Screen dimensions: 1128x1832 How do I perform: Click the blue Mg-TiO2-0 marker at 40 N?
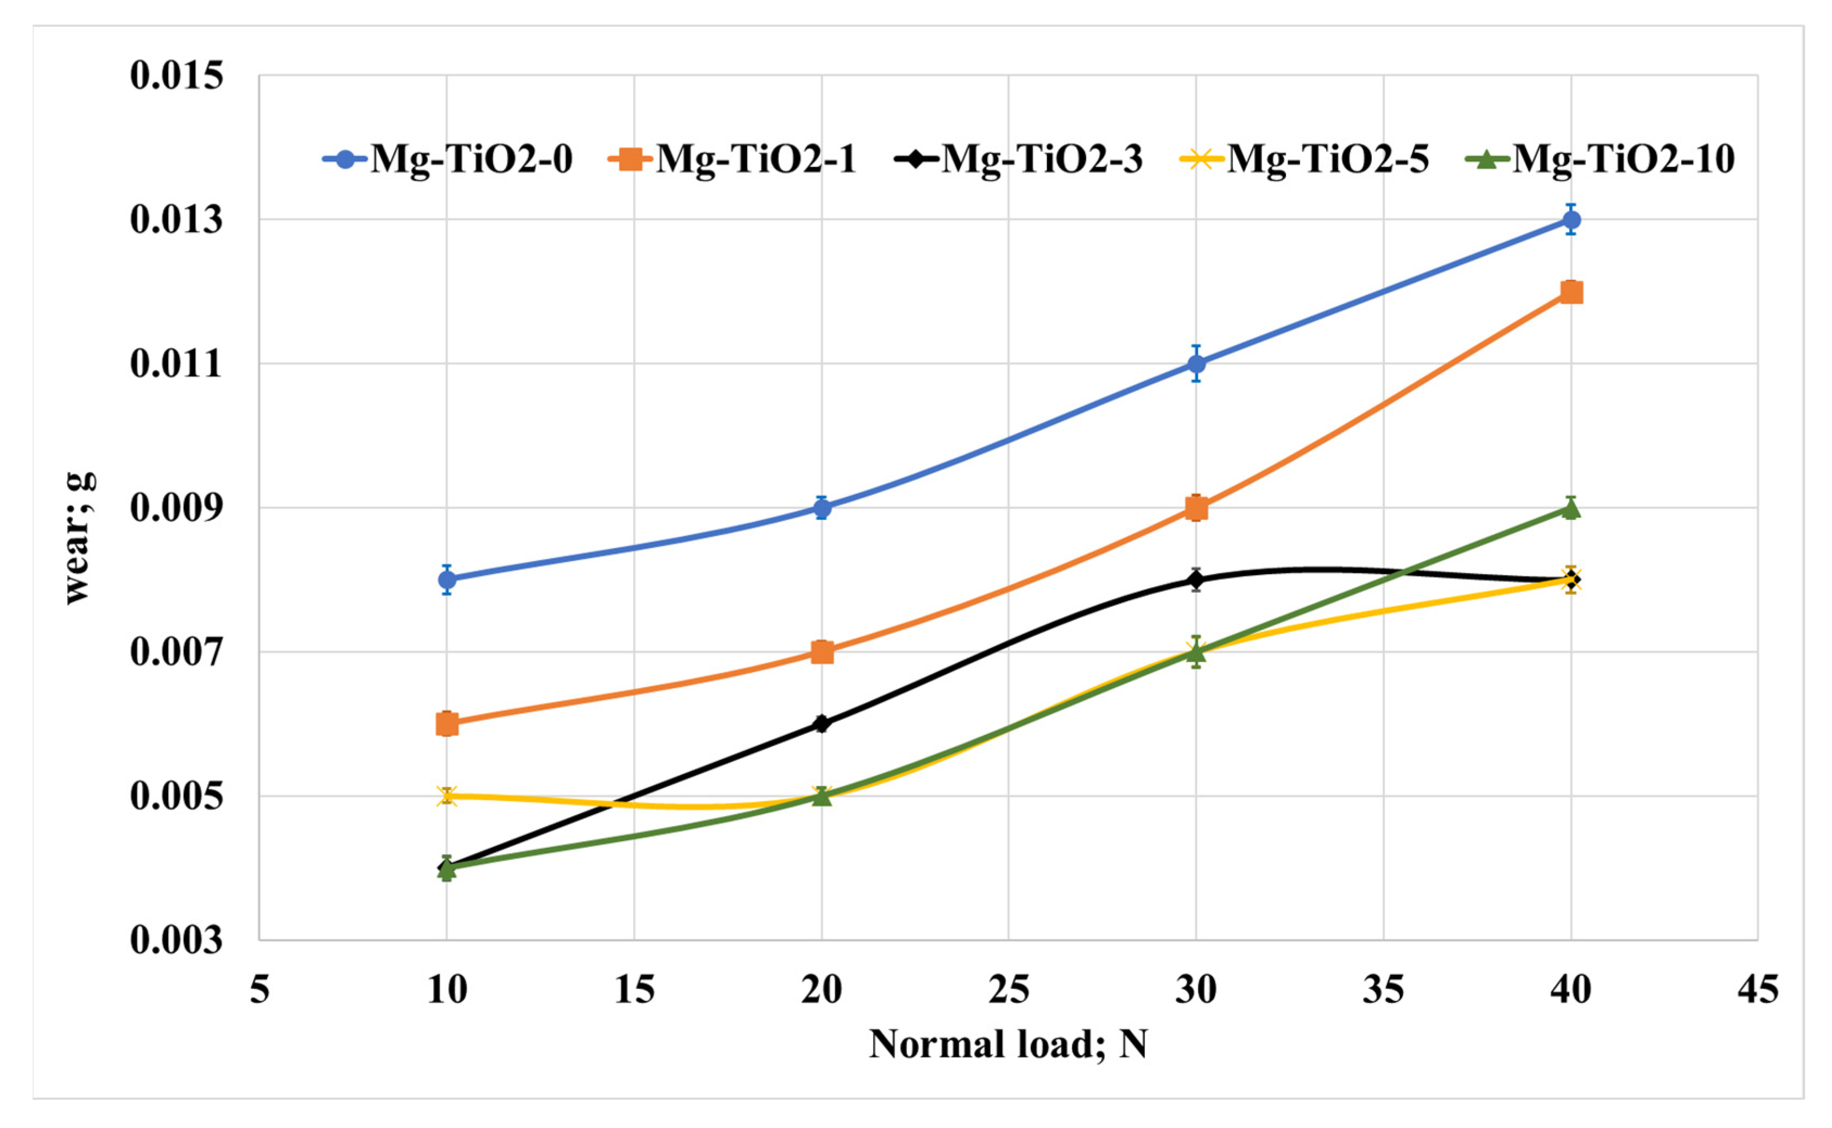coord(1571,219)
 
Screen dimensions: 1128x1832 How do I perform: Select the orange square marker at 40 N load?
coord(1571,291)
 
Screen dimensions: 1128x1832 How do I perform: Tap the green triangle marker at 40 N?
coord(1571,509)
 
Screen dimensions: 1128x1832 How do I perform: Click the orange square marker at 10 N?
coord(447,723)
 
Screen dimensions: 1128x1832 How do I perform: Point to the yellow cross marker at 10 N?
coord(447,795)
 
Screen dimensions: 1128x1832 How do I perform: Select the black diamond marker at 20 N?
coord(821,723)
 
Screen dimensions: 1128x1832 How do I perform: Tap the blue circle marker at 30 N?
coord(1196,363)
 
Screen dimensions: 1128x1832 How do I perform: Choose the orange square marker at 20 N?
coord(821,651)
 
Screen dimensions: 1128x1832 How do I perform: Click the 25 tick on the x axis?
coord(1009,990)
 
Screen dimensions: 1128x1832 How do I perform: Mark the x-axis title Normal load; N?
coord(1008,1044)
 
